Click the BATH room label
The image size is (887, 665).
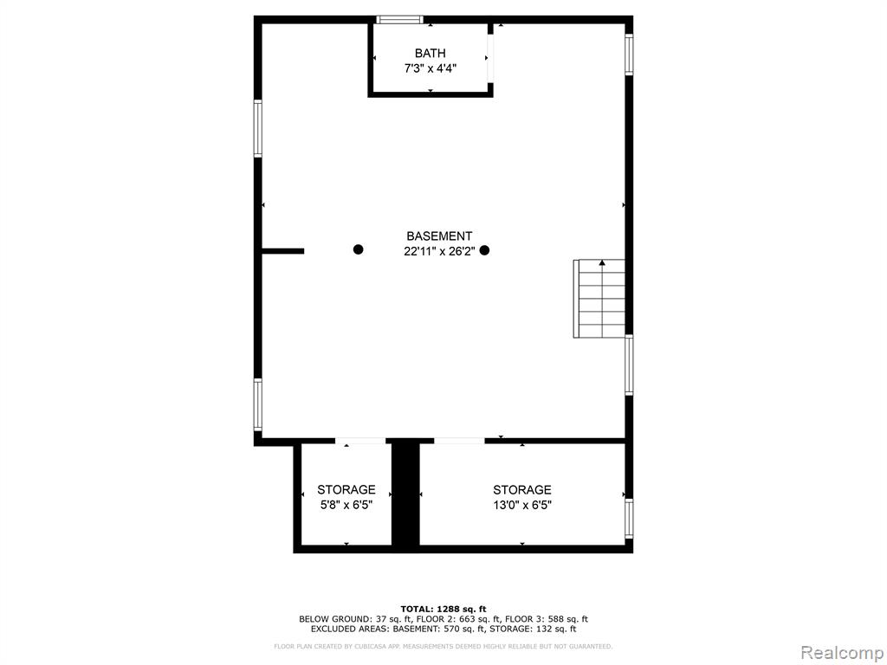click(430, 53)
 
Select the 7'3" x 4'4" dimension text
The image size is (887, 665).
click(430, 69)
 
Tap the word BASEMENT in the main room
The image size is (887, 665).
click(439, 236)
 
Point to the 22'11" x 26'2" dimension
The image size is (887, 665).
click(439, 252)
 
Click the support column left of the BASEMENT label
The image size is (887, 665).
click(358, 249)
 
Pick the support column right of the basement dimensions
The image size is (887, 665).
click(484, 250)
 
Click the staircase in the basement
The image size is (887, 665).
click(599, 299)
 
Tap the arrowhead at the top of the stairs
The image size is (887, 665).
click(603, 262)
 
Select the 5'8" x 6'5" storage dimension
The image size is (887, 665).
click(346, 505)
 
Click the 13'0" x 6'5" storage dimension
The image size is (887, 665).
click(522, 505)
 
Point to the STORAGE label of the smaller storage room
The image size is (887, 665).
click(346, 489)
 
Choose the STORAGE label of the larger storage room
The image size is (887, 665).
click(522, 490)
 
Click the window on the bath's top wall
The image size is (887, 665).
click(399, 20)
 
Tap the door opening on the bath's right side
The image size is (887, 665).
click(491, 59)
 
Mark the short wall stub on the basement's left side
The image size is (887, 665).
click(283, 251)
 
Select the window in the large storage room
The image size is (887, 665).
click(629, 518)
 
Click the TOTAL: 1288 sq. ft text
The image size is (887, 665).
click(443, 609)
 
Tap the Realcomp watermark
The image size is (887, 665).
click(841, 652)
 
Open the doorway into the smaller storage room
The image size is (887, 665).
click(360, 441)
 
